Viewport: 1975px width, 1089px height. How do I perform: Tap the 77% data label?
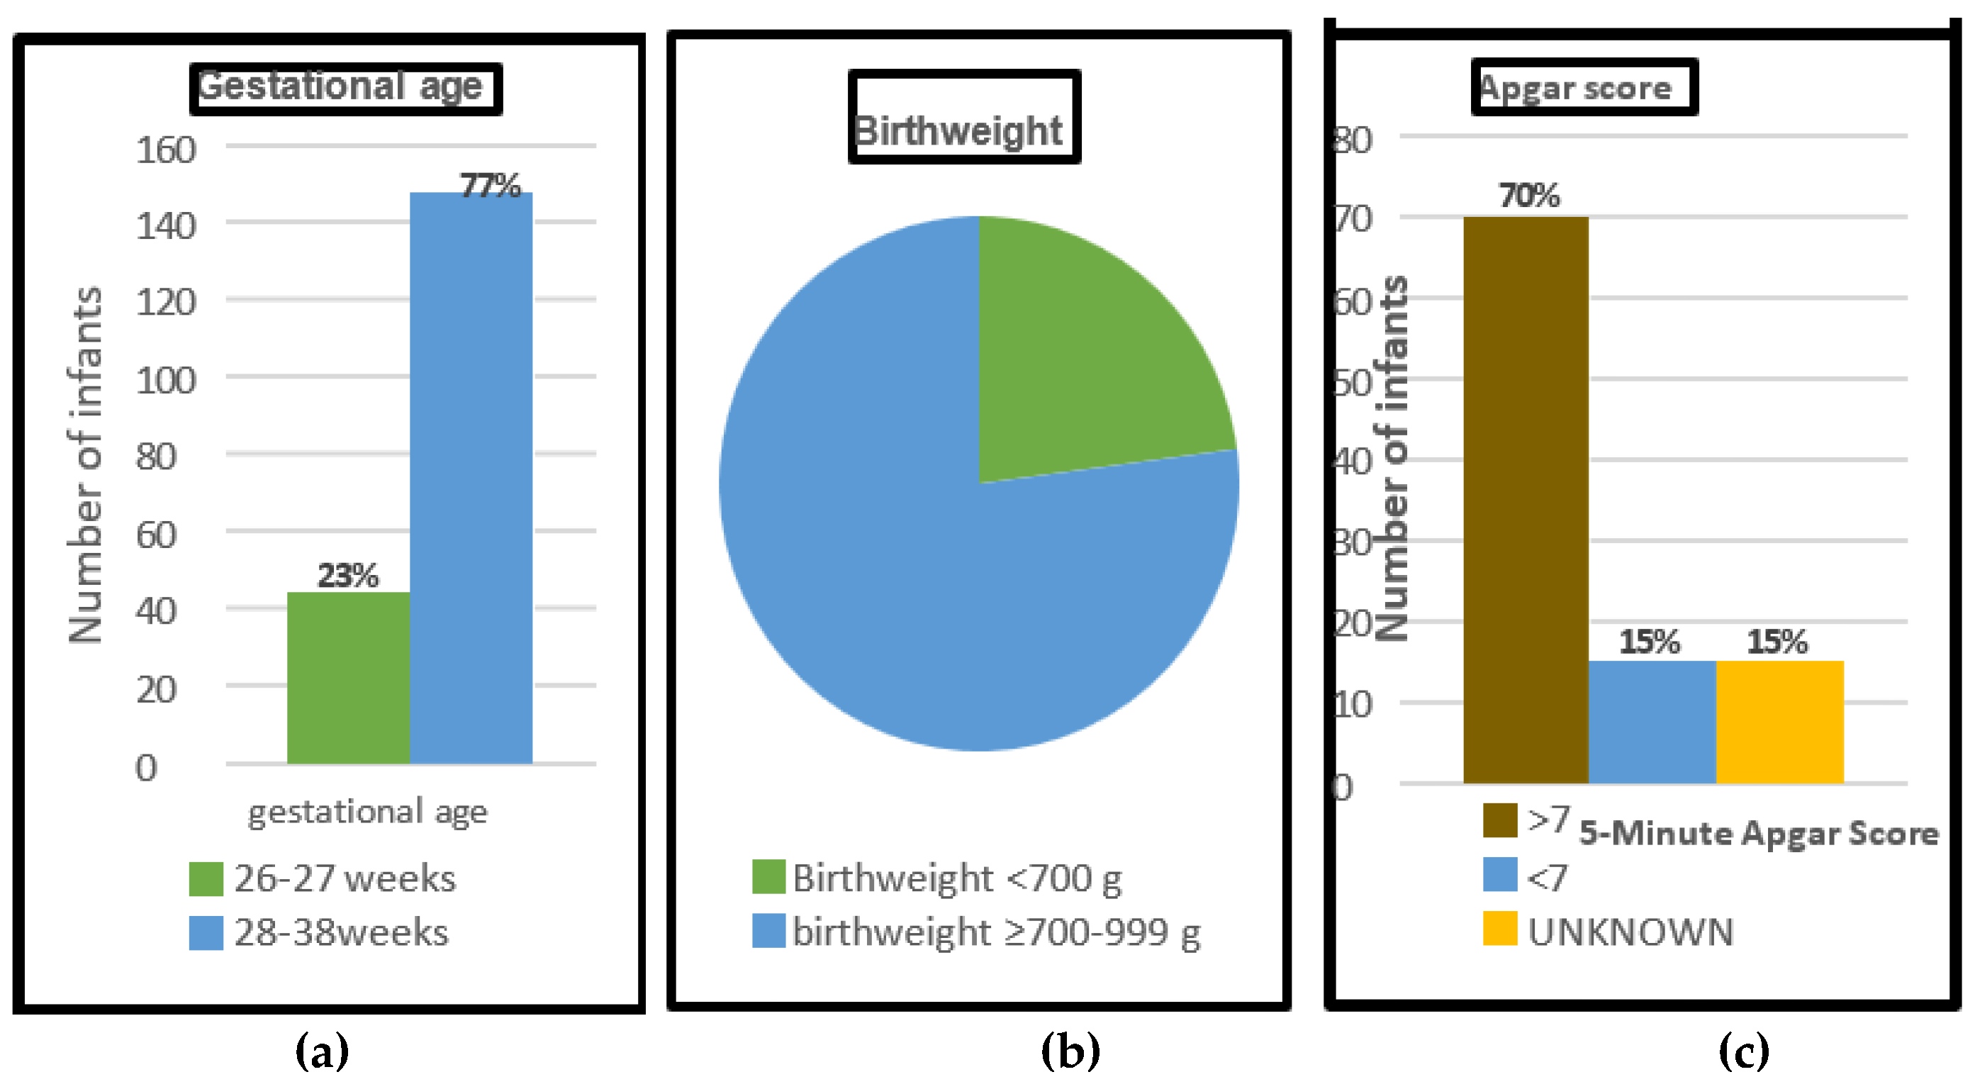[490, 186]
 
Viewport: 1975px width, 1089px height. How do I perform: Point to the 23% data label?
[348, 575]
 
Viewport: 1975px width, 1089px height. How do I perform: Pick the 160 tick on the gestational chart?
[166, 150]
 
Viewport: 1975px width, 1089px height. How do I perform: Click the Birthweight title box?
[963, 116]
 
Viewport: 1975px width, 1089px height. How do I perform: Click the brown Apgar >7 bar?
[1526, 498]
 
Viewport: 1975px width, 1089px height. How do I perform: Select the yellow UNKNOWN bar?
[1779, 721]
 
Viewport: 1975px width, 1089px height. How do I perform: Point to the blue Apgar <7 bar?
[1652, 721]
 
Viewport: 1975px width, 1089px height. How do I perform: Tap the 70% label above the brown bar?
[1530, 196]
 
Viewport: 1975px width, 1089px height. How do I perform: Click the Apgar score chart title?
[1583, 87]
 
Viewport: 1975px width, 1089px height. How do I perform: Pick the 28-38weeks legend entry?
[320, 932]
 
